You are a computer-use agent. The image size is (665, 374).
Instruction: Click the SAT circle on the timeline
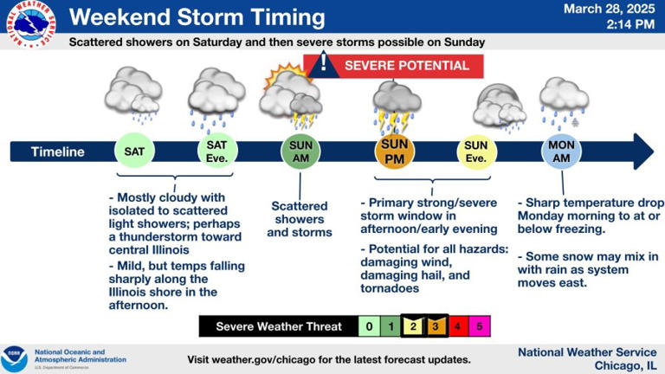134,152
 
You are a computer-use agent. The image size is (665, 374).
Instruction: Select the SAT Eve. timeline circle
216,152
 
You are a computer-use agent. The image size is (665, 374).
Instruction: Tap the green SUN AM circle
300,152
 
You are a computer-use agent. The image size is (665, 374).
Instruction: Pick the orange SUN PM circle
394,152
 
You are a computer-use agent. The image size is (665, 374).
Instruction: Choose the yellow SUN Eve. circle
476,152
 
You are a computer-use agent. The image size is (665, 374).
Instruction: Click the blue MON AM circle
562,152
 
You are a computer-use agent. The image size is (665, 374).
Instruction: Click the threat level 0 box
370,326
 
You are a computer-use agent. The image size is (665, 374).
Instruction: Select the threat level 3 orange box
436,326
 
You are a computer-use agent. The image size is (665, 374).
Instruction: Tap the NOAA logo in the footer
15,358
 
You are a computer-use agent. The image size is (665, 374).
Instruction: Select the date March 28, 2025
609,10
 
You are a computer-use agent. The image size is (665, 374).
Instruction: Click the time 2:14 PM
632,25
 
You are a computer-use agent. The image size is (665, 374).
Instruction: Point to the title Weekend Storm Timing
197,17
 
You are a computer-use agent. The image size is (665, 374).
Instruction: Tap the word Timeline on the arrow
58,152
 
